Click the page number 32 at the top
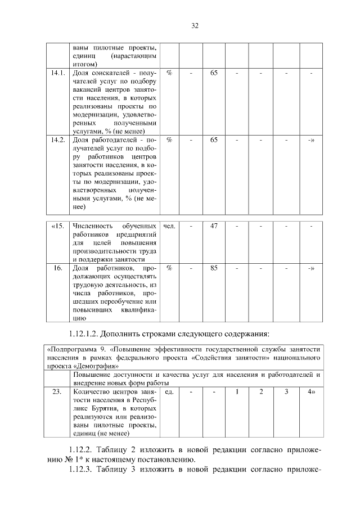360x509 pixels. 195,26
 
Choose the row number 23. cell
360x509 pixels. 58,391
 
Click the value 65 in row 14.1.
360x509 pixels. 214,73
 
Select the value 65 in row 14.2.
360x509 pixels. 214,139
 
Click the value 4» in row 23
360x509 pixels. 311,391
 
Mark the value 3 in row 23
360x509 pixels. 286,391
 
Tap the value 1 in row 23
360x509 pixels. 237,391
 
